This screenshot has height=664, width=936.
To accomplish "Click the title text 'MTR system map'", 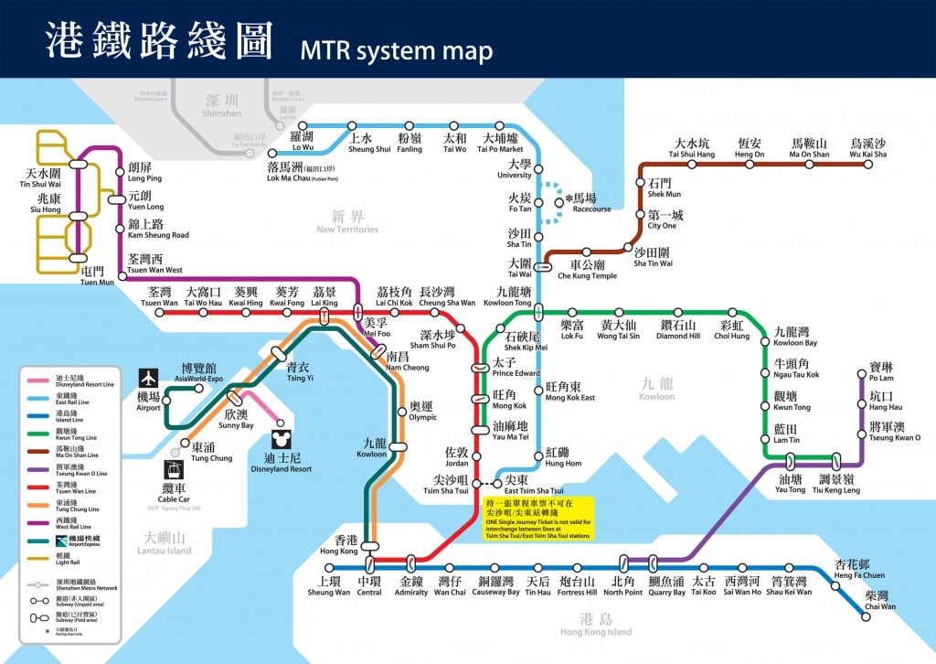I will point(396,49).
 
